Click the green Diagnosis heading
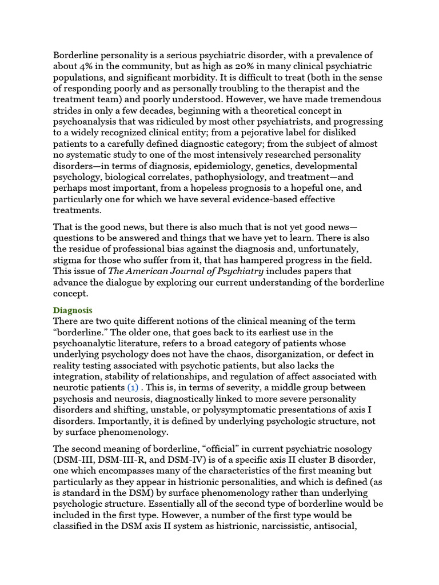pos(73,310)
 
